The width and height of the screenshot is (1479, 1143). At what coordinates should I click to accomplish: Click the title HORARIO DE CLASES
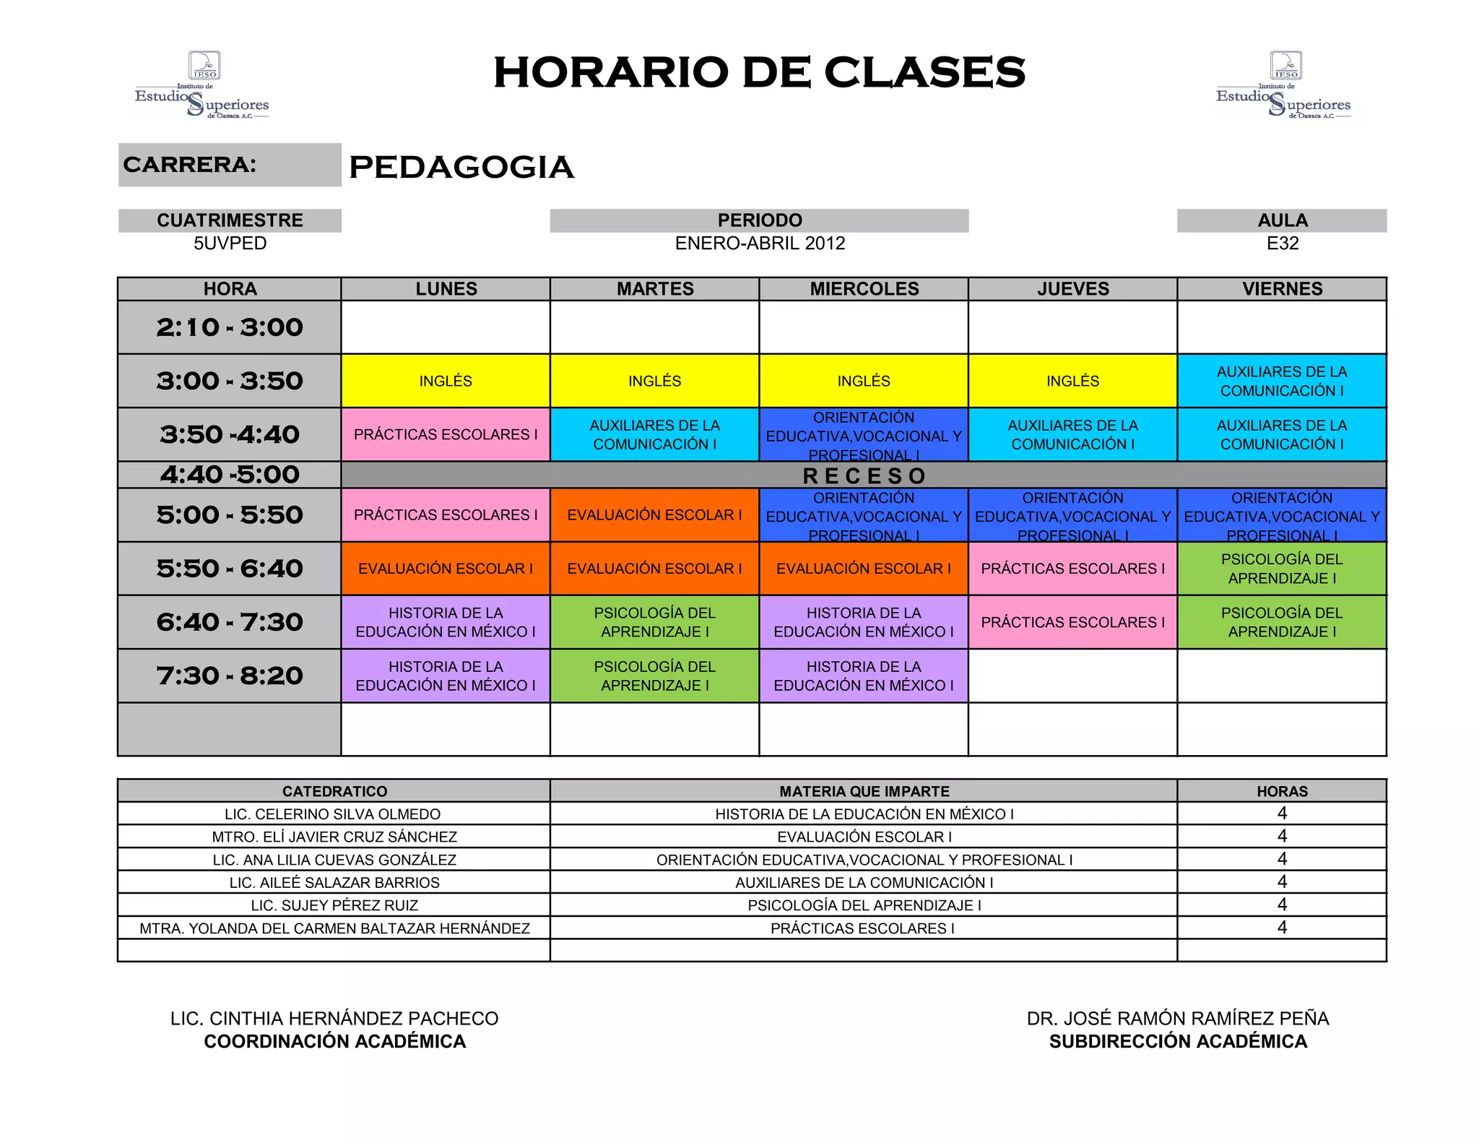[759, 72]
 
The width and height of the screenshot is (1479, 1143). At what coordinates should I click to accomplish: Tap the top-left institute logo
[202, 85]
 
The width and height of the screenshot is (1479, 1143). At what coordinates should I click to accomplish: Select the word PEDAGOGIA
[461, 167]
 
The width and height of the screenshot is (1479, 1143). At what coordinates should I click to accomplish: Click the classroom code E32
[1282, 243]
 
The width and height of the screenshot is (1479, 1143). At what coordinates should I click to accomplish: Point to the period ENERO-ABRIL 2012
[760, 243]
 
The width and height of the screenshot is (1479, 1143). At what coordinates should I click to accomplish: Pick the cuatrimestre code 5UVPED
[230, 243]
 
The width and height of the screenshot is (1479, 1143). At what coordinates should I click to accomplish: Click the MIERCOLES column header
[864, 289]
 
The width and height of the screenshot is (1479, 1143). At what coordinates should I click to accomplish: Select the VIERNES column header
[1282, 289]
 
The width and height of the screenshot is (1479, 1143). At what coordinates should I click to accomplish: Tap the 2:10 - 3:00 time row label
[230, 327]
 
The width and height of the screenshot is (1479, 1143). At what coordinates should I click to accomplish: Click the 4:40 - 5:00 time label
[230, 475]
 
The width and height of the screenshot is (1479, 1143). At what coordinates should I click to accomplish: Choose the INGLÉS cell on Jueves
[1072, 381]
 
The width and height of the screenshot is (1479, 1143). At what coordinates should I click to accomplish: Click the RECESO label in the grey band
[864, 476]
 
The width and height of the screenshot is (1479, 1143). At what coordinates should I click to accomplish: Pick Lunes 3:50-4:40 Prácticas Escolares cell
[446, 434]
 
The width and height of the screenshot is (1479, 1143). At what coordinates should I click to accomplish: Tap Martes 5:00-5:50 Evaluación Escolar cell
[654, 515]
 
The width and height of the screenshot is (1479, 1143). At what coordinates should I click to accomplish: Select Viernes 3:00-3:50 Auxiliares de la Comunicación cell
[1282, 381]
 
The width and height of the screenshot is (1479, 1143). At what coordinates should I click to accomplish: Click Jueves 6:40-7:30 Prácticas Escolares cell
[1072, 622]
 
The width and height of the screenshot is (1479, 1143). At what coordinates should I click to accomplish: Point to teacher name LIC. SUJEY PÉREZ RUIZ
[334, 905]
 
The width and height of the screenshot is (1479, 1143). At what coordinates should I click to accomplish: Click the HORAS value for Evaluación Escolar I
[1282, 836]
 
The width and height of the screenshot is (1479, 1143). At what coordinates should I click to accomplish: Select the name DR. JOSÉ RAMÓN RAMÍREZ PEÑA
[1178, 1019]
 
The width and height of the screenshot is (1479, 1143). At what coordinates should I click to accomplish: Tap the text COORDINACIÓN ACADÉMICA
[334, 1042]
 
